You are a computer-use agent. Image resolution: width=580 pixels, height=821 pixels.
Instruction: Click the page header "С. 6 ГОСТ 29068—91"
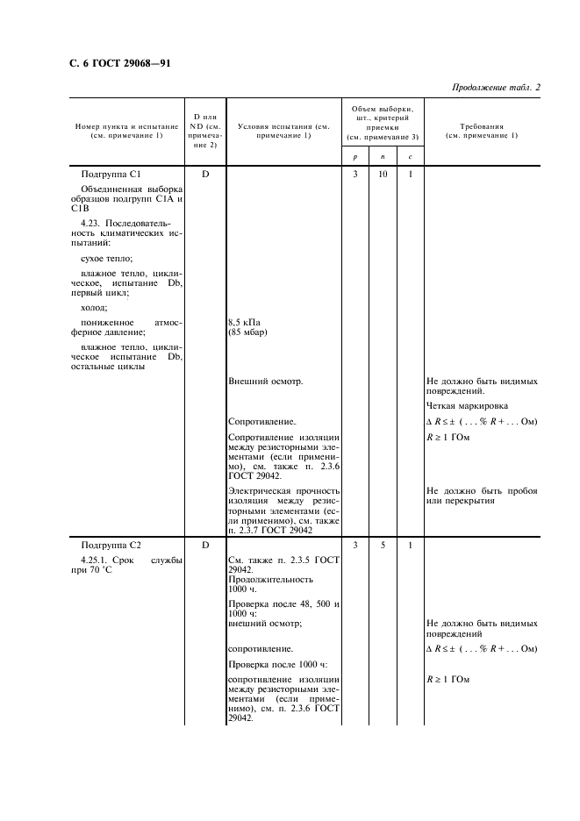click(x=120, y=63)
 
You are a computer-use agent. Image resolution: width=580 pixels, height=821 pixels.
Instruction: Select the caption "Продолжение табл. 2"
click(x=496, y=87)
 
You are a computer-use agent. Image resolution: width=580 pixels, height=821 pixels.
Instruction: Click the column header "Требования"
click(x=482, y=127)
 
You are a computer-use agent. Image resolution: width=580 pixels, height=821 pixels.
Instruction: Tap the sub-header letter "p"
click(x=355, y=156)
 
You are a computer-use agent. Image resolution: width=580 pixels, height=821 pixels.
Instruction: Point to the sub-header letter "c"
click(x=411, y=156)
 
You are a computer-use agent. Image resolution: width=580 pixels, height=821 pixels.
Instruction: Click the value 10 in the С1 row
click(x=383, y=175)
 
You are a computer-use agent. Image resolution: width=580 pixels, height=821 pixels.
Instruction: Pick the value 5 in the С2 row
click(x=383, y=546)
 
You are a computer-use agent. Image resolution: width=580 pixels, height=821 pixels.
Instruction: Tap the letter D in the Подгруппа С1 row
click(x=205, y=175)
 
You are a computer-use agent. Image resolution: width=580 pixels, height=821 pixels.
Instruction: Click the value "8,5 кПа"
click(x=245, y=323)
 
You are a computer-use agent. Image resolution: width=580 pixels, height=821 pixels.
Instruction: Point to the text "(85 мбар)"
click(x=247, y=332)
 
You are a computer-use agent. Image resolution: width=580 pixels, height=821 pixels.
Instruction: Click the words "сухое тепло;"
click(x=106, y=258)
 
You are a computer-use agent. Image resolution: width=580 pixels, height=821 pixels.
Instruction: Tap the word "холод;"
click(x=95, y=308)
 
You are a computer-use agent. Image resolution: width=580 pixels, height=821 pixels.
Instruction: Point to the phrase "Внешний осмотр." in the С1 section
click(x=266, y=382)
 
